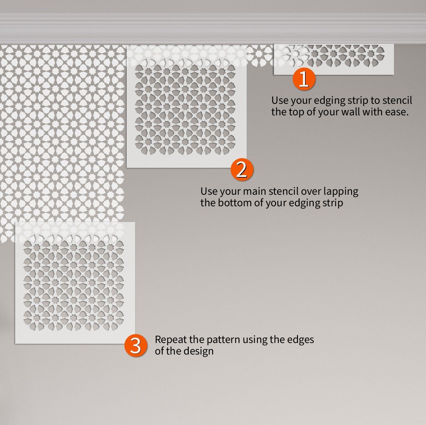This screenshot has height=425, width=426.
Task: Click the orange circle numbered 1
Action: (x=304, y=79)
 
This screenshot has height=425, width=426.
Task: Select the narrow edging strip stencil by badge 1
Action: (x=334, y=59)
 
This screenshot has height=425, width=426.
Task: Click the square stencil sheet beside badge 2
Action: (x=186, y=107)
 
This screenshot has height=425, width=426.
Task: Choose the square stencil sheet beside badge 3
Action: (x=75, y=283)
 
